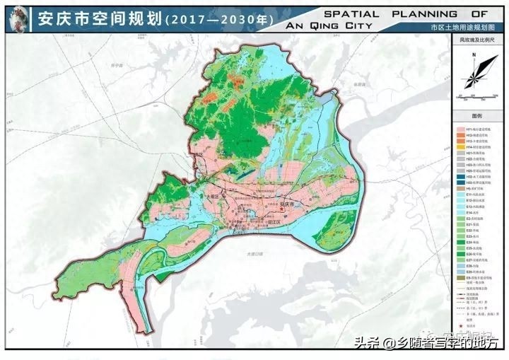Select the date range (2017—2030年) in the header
tap(218, 20)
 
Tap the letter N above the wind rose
tap(476, 54)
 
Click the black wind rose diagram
tap(476, 75)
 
